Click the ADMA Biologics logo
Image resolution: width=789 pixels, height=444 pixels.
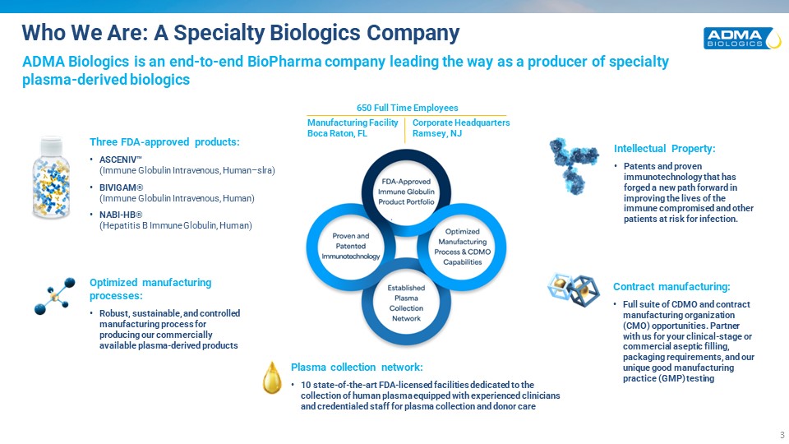click(x=742, y=39)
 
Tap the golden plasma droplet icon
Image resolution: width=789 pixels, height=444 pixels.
click(x=272, y=377)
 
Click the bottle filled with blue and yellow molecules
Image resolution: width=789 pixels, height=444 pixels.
click(x=51, y=178)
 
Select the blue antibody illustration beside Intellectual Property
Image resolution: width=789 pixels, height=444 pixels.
click(x=574, y=165)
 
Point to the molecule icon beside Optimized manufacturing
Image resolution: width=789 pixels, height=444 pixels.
click(x=54, y=296)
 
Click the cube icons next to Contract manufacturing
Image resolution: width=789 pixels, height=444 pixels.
click(x=574, y=289)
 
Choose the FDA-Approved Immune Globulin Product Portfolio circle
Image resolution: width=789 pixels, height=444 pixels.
click(x=406, y=192)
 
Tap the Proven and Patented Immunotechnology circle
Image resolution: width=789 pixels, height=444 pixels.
click(x=351, y=247)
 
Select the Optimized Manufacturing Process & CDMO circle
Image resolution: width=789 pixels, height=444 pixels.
click(x=462, y=247)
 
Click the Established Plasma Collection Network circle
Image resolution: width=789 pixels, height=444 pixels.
click(x=406, y=302)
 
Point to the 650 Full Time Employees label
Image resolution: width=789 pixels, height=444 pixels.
click(x=407, y=108)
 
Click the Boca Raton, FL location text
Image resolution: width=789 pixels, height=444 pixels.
click(x=337, y=133)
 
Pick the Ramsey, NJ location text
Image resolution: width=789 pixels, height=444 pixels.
click(x=436, y=133)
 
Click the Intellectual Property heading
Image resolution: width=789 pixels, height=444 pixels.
click(x=664, y=149)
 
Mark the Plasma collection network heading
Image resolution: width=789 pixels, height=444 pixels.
click(x=357, y=367)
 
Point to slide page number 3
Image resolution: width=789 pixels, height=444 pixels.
click(x=782, y=435)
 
